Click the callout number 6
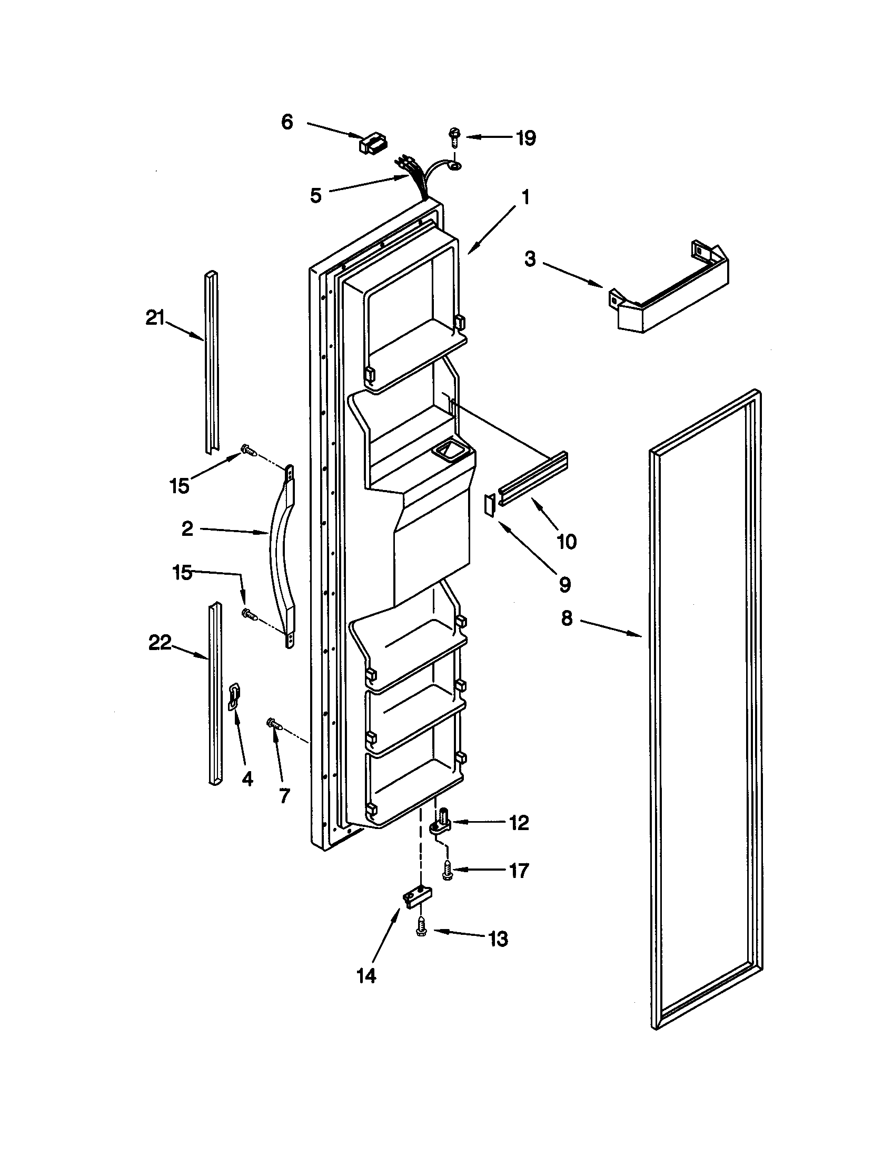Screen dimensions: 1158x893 (287, 123)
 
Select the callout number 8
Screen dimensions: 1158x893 (567, 618)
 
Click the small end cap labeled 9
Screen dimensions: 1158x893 (490, 502)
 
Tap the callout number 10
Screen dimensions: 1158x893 (567, 541)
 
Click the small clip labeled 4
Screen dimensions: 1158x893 (234, 696)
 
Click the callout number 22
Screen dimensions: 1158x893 (160, 643)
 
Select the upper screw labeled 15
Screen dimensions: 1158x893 (250, 450)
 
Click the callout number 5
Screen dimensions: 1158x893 (315, 196)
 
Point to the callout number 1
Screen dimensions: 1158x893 (524, 197)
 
